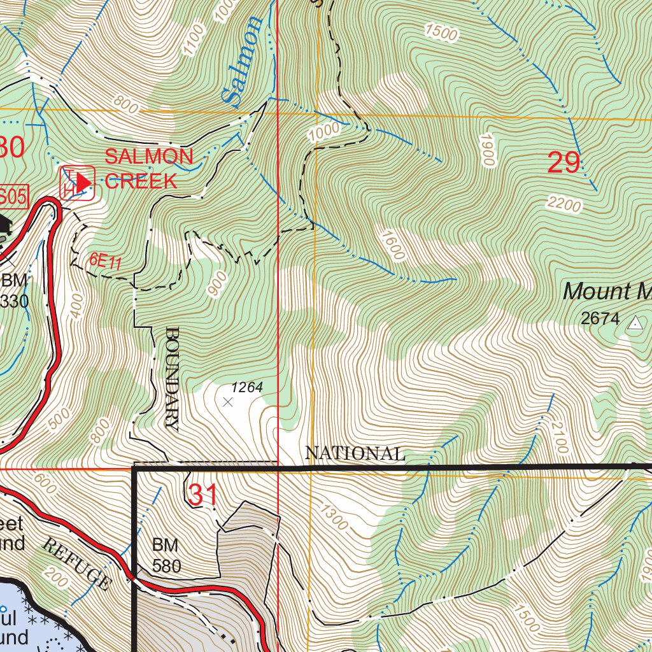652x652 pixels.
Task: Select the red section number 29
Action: (x=564, y=164)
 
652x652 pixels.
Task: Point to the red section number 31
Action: (x=203, y=495)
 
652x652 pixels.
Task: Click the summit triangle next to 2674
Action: (x=634, y=324)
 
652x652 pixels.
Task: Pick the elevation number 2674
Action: (x=600, y=318)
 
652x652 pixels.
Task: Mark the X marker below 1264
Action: (x=228, y=402)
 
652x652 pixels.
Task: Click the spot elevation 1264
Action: (x=246, y=386)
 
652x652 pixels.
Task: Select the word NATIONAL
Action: (x=355, y=453)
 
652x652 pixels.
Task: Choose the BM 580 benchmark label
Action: (x=166, y=555)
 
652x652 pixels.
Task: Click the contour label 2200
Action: (x=563, y=204)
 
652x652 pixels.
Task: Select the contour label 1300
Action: (x=335, y=516)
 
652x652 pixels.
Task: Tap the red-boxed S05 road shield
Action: (x=14, y=197)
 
